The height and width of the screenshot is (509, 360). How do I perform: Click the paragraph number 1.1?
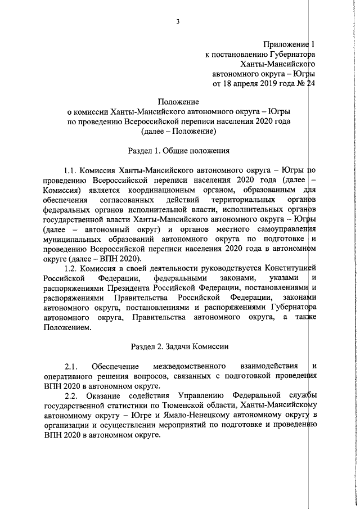pos(71,169)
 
